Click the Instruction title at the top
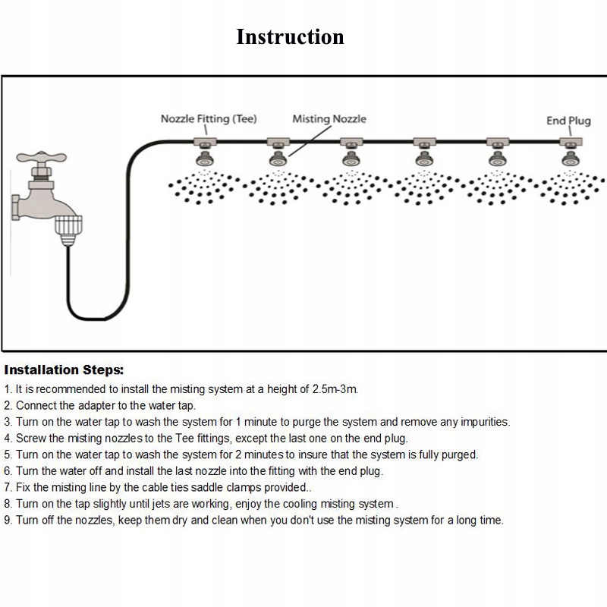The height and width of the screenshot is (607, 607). point(290,37)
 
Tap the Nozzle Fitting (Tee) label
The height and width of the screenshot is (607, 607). point(209,119)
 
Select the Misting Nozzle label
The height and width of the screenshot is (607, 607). point(329,119)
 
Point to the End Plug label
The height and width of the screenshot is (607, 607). point(568,121)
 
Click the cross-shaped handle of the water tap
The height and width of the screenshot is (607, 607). point(42,157)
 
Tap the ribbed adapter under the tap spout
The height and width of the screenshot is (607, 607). point(68,231)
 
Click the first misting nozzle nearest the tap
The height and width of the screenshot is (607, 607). point(205,159)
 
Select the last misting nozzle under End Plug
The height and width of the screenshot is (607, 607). point(571,159)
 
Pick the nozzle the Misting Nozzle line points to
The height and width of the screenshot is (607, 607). point(278,159)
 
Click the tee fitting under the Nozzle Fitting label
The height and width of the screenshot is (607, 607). point(205,142)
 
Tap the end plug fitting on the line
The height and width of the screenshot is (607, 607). point(571,142)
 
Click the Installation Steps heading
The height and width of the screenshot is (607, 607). point(64,370)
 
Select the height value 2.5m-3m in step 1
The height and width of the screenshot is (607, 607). point(335,389)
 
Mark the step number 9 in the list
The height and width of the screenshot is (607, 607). point(8,520)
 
